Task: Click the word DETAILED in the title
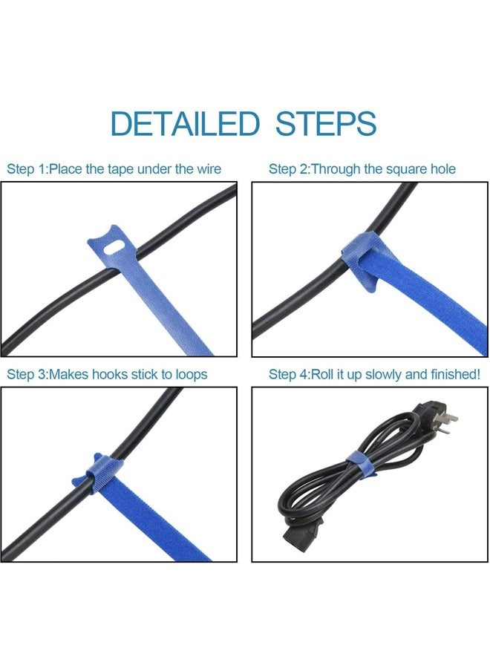185,123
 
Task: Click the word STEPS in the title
325,123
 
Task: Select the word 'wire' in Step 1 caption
209,169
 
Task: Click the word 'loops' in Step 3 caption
191,375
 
